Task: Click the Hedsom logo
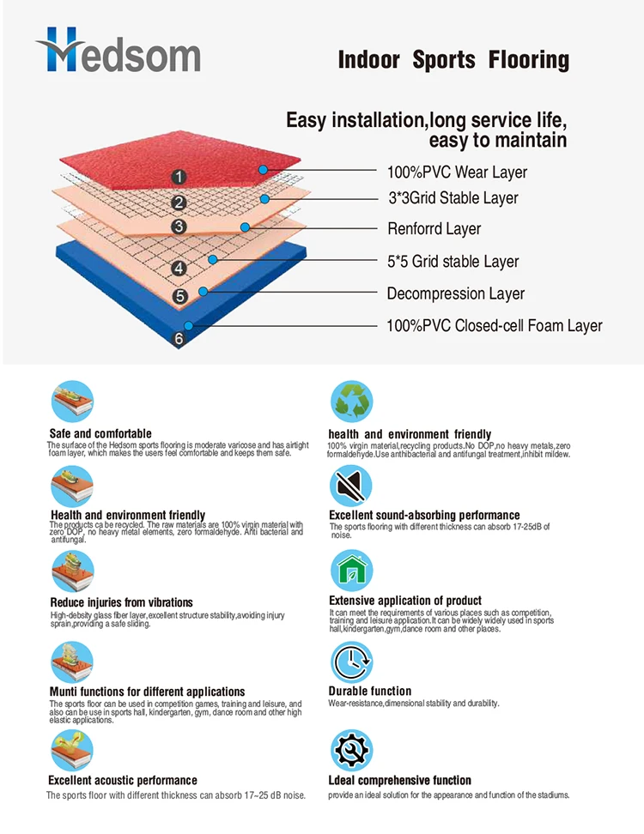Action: pos(118,51)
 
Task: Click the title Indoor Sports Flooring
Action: pos(453,60)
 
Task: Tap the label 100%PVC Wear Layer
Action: pos(457,172)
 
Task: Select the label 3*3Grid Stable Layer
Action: pos(453,198)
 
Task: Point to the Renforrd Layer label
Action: pos(434,229)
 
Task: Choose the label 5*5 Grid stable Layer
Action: pos(453,262)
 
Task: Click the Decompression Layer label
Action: pos(455,293)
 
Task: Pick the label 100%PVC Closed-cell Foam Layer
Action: pos(494,326)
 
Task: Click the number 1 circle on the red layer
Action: pos(178,177)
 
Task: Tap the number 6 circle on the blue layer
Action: pos(179,338)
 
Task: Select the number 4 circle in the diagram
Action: pos(179,269)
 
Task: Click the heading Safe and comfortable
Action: pos(100,433)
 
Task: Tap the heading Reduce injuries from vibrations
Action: pos(121,602)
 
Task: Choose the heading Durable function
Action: pos(369,691)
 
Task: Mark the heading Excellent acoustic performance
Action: pos(123,781)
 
